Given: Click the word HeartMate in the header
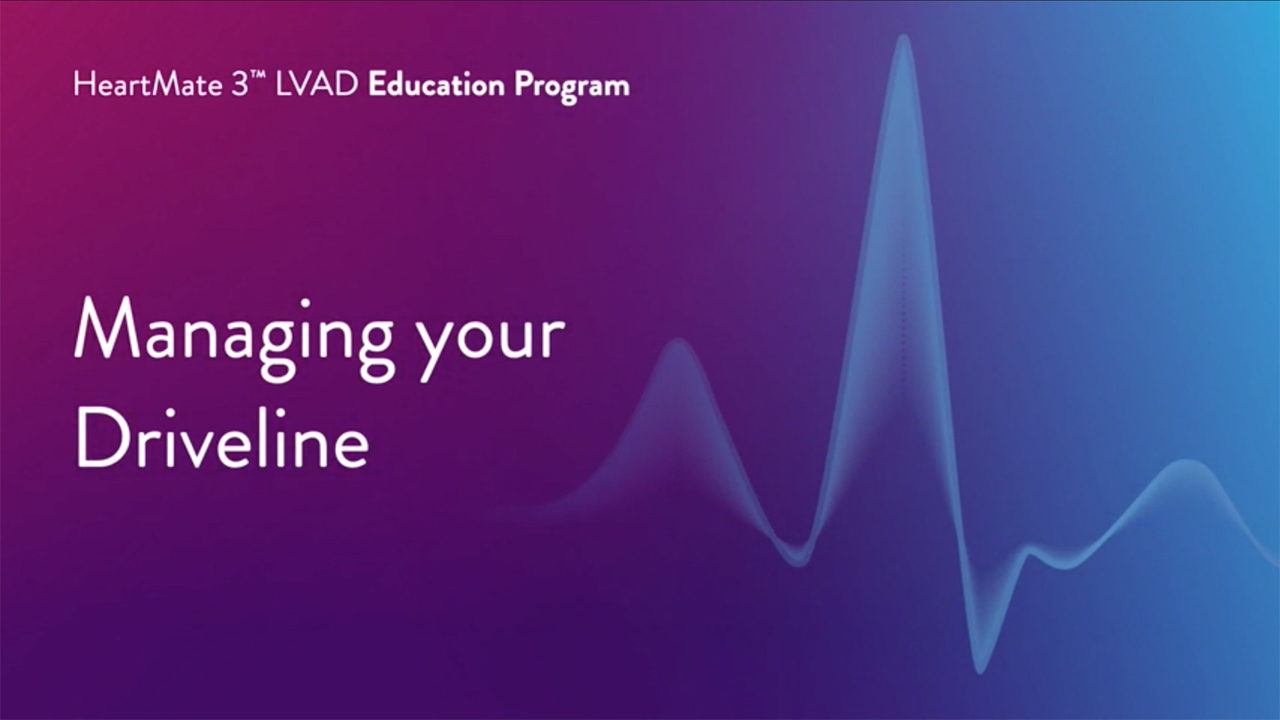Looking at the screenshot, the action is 148,85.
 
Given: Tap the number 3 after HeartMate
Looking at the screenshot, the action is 238,85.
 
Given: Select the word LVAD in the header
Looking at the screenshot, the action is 316,85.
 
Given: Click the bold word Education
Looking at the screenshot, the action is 437,85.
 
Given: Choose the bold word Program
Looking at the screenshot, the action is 571,88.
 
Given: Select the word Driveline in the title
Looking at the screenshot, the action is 222,437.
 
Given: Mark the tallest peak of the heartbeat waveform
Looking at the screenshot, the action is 903,38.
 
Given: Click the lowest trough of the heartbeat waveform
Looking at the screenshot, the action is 980,670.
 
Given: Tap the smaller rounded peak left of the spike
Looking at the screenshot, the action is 678,343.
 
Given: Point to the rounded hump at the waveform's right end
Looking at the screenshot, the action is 1187,463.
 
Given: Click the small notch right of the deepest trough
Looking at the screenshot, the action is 1030,550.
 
